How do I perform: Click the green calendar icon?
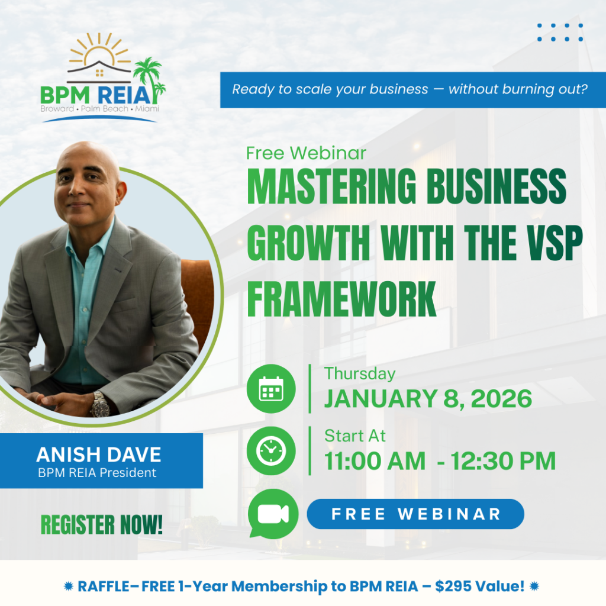click(x=271, y=388)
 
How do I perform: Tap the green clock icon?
click(x=271, y=450)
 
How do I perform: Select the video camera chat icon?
click(x=273, y=514)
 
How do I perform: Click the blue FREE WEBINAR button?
click(x=415, y=514)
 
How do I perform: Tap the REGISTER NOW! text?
click(x=102, y=525)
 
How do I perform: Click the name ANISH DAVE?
click(x=99, y=454)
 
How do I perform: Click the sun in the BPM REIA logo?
click(x=99, y=51)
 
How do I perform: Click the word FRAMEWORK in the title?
click(x=341, y=299)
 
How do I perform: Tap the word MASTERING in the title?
click(x=331, y=186)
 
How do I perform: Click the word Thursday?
click(x=360, y=374)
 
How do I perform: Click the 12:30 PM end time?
click(x=503, y=461)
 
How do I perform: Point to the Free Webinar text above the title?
click(x=306, y=153)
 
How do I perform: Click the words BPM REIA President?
click(x=97, y=473)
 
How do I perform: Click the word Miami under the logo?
click(x=147, y=109)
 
